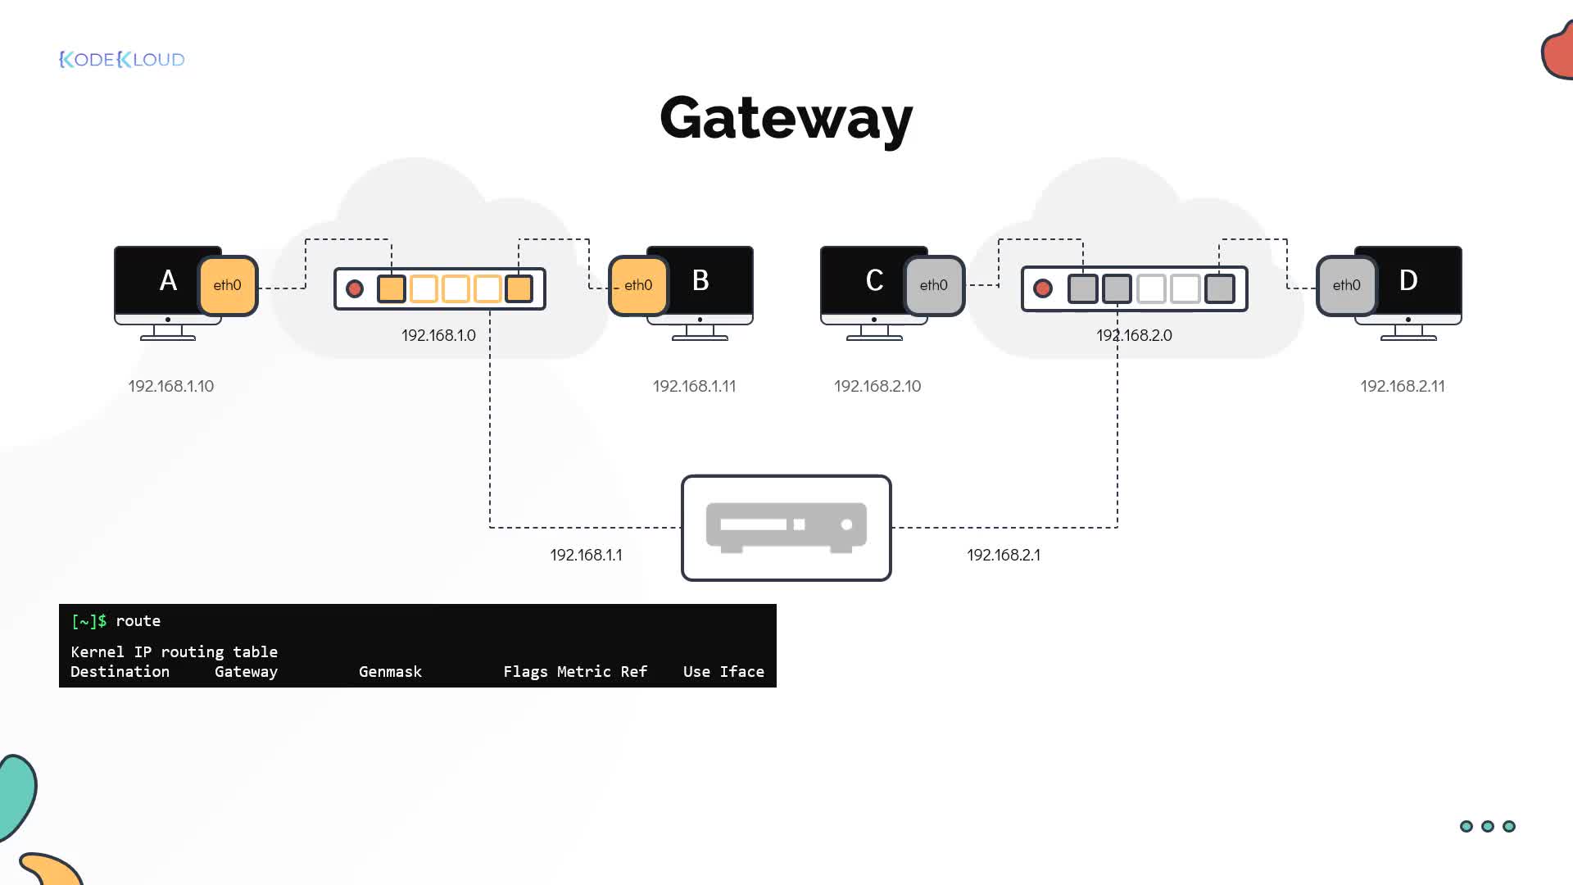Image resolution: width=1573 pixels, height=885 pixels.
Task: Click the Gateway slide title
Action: tap(786, 119)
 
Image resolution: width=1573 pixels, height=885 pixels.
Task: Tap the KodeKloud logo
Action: tap(122, 59)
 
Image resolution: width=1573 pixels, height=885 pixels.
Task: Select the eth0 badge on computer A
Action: tap(228, 285)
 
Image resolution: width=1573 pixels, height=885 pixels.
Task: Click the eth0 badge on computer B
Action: tap(639, 285)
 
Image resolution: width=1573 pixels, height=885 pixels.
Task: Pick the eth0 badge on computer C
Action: tap(934, 285)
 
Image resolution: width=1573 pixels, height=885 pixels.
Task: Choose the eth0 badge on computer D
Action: tap(1347, 285)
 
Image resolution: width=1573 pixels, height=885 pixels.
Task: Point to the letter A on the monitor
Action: tap(168, 280)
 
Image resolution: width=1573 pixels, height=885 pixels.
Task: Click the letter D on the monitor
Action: tap(1408, 280)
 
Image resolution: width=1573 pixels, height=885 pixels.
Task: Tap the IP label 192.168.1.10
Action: tap(171, 386)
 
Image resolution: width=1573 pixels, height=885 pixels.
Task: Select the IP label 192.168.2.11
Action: tap(1403, 386)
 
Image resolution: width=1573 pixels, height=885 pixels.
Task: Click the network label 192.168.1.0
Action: tap(438, 335)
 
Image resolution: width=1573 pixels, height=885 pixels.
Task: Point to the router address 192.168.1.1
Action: tap(586, 555)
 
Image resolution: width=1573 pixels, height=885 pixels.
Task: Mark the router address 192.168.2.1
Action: tap(1004, 555)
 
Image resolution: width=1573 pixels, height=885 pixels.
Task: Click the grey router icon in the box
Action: tap(786, 527)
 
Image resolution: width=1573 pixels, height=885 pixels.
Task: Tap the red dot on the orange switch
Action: tap(355, 288)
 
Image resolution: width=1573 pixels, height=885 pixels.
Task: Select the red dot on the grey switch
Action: tap(1043, 288)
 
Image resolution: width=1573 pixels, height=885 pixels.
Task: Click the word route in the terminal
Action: tap(138, 621)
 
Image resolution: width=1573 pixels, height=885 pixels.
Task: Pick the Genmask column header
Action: tap(390, 672)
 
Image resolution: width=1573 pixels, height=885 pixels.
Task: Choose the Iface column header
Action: tap(741, 672)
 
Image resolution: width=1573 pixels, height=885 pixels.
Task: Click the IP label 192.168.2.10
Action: tap(877, 386)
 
